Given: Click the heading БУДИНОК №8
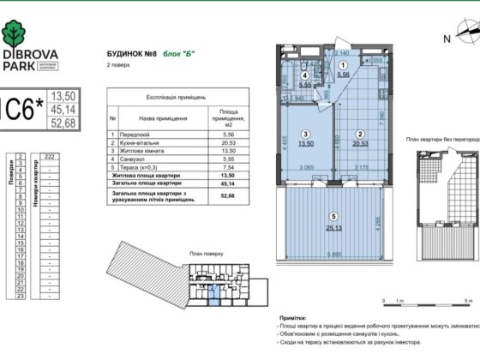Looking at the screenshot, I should click(130, 53).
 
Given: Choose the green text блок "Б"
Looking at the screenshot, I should click(178, 53).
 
